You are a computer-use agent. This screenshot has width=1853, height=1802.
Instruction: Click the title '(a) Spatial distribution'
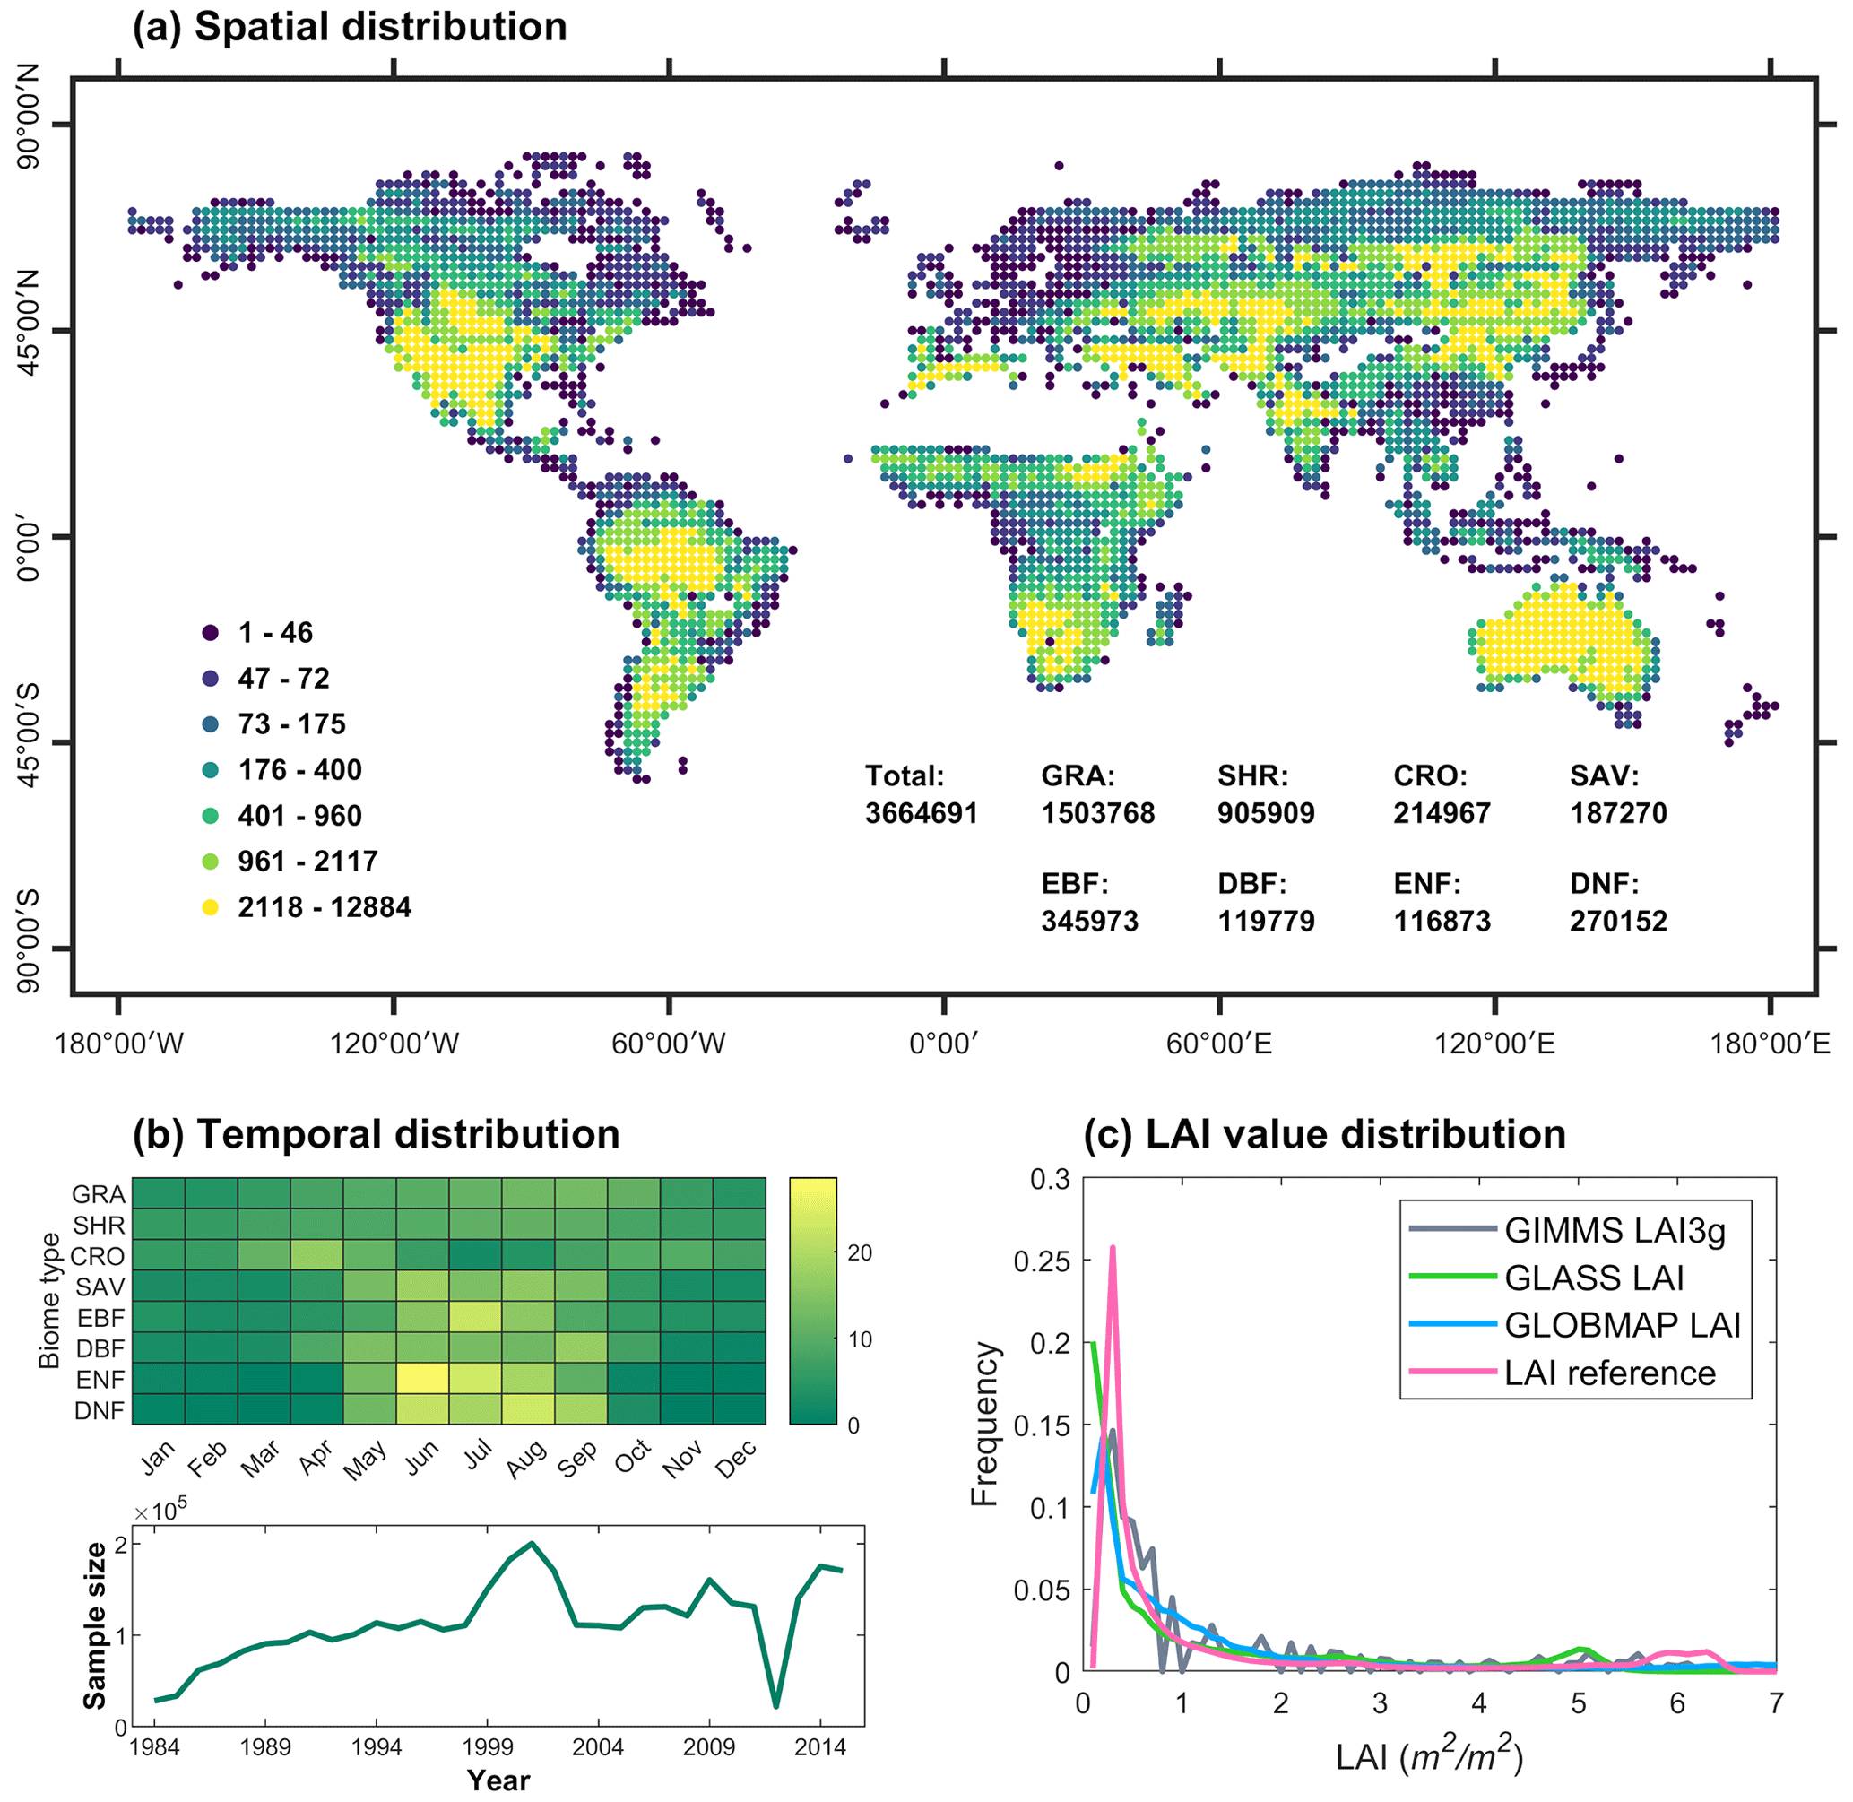pos(350,28)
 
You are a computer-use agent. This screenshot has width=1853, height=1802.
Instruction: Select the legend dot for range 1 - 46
pos(210,632)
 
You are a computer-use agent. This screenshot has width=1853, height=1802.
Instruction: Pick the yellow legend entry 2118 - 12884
pos(210,906)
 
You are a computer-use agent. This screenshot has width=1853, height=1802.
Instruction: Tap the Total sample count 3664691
pos(921,813)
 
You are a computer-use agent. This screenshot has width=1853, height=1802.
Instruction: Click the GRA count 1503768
pos(1098,813)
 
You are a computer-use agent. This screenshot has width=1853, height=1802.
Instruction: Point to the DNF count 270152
pos(1618,920)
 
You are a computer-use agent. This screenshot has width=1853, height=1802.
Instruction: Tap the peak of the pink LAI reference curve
pos(1112,1247)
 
